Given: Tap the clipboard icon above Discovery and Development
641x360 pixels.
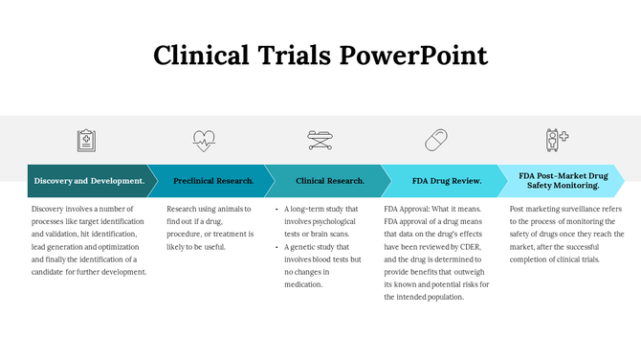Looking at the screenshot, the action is (x=87, y=141).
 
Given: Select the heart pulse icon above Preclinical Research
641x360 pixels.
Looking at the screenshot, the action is (x=204, y=141).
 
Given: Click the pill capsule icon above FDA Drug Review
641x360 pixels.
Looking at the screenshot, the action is (x=436, y=141).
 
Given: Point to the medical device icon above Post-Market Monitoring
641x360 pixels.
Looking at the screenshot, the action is (x=557, y=140).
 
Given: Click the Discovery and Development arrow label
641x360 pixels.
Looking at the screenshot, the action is (x=89, y=181).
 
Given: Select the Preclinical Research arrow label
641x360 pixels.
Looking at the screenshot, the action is (x=213, y=181).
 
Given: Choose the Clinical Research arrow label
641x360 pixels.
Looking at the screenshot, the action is (x=330, y=181).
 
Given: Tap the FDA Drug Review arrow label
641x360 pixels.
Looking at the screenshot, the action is (x=446, y=181).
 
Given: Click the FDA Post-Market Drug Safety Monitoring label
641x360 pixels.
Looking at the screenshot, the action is (x=563, y=181).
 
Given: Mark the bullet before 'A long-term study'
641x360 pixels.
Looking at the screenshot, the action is (x=276, y=209).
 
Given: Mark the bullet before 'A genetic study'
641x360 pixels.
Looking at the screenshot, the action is (x=276, y=247).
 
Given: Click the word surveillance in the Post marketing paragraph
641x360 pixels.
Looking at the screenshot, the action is (x=579, y=209).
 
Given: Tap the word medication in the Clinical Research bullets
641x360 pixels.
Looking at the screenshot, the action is (x=303, y=284).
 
